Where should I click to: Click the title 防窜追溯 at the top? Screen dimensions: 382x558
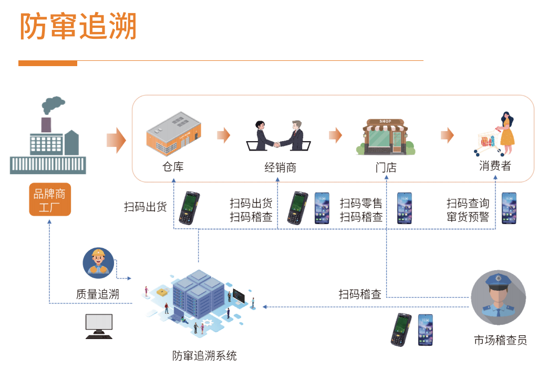[78, 26]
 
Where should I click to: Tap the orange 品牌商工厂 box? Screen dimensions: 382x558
[50, 199]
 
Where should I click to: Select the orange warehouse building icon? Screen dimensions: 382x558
[173, 133]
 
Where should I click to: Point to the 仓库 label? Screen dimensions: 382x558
[173, 167]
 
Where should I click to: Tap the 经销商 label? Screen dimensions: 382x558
[280, 168]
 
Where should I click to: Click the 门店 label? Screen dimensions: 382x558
[386, 168]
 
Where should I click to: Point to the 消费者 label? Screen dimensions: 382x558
[495, 166]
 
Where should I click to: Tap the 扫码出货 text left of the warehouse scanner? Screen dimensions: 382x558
[145, 207]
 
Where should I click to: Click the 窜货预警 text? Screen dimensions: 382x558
[468, 217]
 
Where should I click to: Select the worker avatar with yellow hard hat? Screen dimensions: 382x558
[98, 263]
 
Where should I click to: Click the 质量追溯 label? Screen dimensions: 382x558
[98, 294]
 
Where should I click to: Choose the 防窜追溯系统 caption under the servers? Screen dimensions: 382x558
[205, 356]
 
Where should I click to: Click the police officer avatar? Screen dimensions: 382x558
[498, 297]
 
